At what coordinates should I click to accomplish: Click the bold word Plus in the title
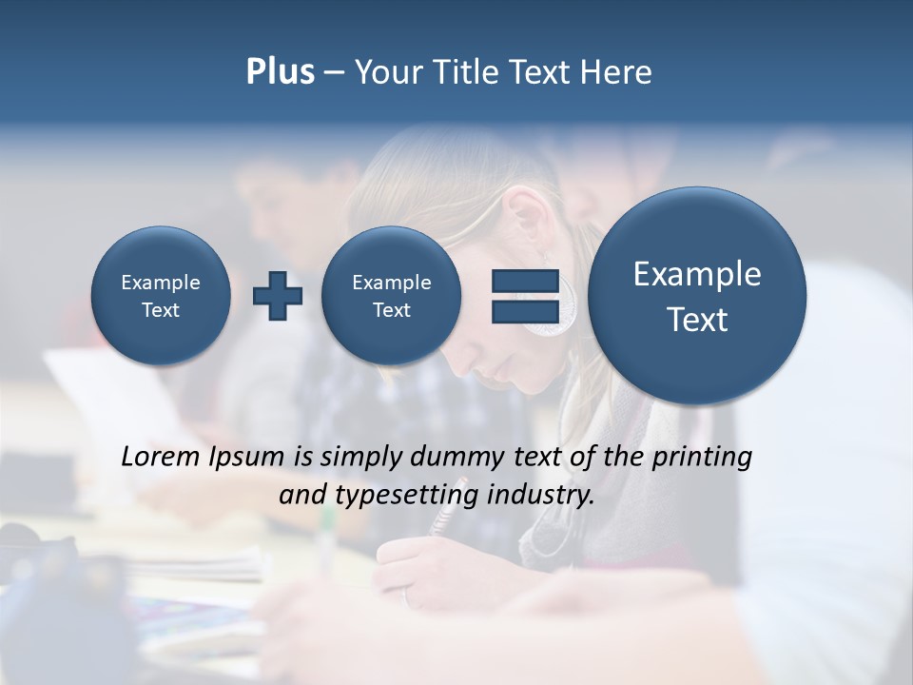280,72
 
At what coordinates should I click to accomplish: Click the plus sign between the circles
278,296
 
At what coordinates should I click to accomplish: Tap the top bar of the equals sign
524,281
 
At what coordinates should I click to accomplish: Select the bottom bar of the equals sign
524,312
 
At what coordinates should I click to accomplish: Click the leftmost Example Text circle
161,296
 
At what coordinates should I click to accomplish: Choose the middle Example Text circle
392,296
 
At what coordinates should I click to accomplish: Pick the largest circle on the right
697,296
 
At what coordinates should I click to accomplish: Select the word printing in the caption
701,458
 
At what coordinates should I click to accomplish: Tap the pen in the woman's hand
442,519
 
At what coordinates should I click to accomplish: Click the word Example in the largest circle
697,274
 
